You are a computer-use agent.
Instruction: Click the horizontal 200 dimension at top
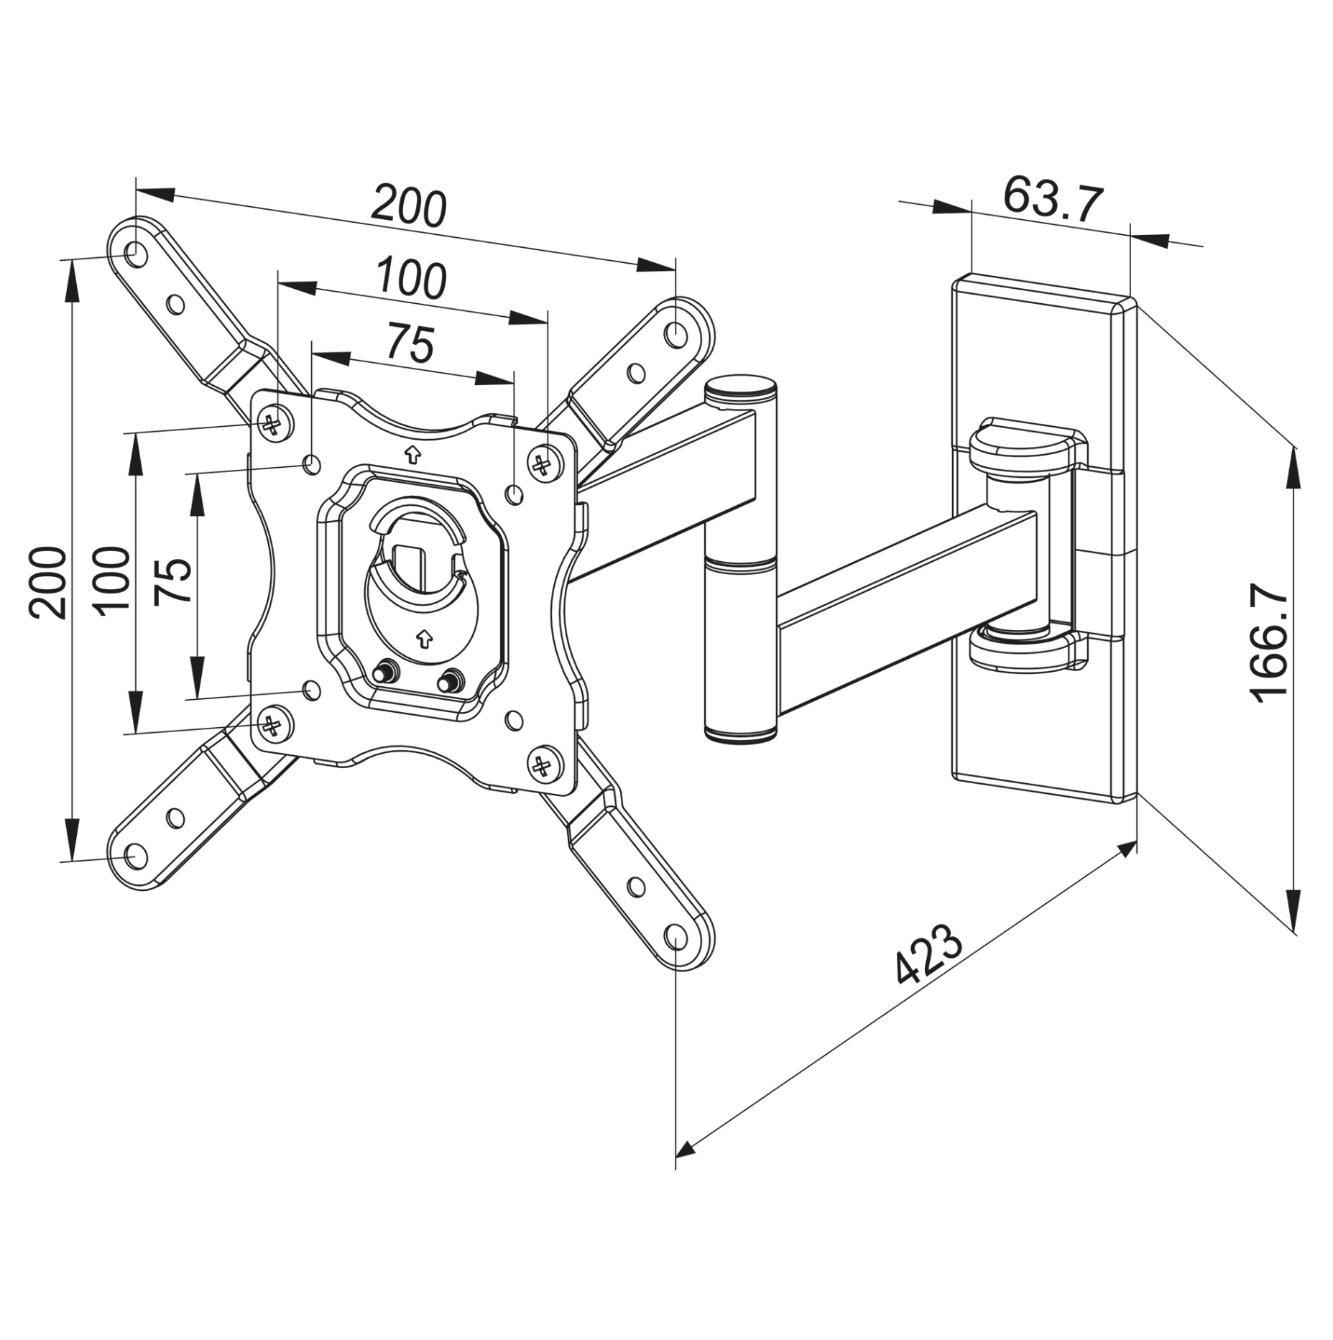[408, 207]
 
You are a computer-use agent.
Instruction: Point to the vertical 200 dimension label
[47, 582]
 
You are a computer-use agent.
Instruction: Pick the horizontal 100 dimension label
[411, 279]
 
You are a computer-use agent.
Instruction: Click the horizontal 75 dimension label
[411, 343]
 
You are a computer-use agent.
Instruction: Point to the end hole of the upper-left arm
[134, 253]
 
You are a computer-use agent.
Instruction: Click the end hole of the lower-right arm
[676, 936]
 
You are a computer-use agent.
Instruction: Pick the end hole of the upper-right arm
[676, 333]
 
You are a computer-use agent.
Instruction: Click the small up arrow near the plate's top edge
[412, 453]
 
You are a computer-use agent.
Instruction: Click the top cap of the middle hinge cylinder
[740, 389]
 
